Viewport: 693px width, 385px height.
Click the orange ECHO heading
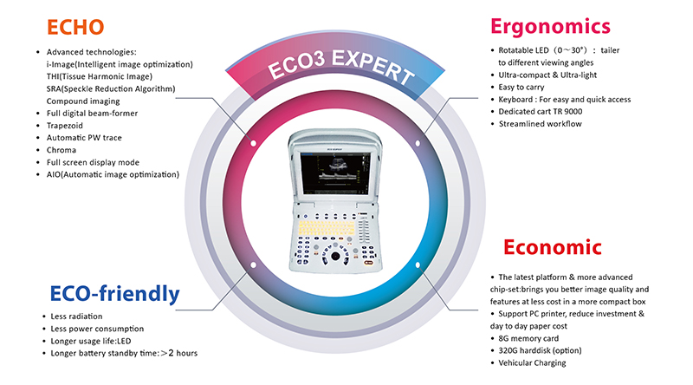pos(75,27)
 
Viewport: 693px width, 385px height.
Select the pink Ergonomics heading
pos(550,27)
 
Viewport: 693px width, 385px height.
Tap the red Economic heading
pos(553,247)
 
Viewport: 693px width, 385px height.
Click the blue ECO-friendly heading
pos(115,294)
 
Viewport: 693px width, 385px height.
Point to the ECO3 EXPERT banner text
pos(340,67)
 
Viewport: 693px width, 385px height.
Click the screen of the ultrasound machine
pos(335,173)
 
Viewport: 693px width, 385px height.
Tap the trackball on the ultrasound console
pos(335,256)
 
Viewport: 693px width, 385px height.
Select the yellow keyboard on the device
pos(327,230)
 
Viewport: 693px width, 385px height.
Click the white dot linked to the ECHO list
pos(253,143)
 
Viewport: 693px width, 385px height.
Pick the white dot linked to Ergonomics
pos(418,143)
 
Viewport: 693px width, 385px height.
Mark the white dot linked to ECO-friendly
pos(253,265)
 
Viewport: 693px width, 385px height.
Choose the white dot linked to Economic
pos(418,265)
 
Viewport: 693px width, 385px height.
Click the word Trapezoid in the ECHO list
pos(64,126)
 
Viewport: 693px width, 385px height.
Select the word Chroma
pos(62,150)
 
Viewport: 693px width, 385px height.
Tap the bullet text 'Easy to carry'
pos(521,88)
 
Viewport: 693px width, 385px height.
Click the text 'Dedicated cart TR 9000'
pos(540,112)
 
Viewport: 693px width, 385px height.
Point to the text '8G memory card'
pos(528,338)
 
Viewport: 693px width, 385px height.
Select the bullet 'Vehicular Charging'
pos(532,362)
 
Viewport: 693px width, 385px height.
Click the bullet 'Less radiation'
pos(76,316)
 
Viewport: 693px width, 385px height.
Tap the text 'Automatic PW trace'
pos(84,138)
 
